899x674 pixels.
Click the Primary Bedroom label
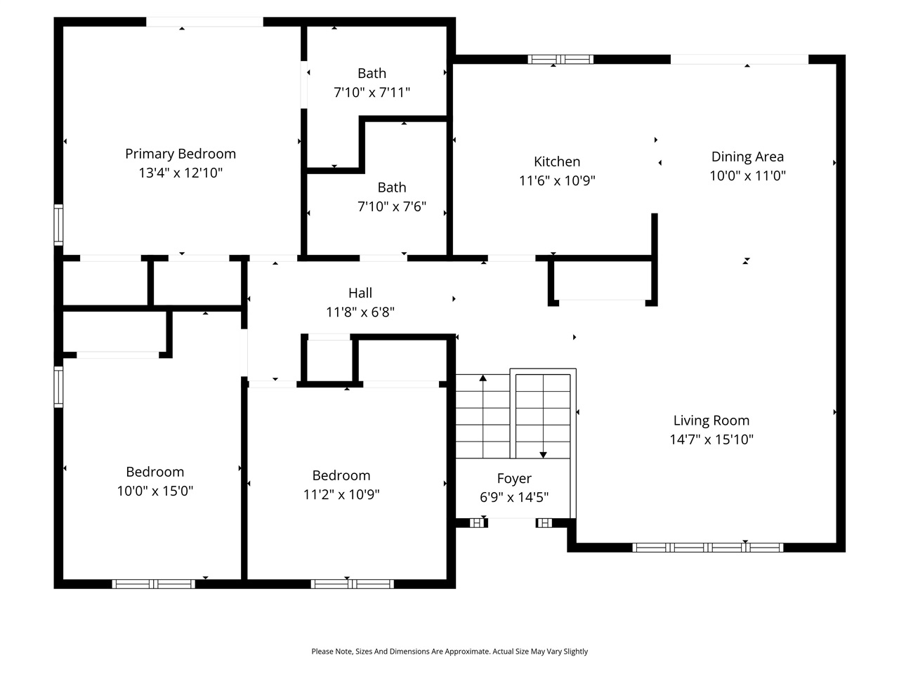[x=181, y=154]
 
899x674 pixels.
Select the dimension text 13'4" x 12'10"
[x=181, y=173]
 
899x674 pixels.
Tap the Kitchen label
[x=557, y=161]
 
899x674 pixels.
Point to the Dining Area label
[x=747, y=157]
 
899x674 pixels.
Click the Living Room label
[x=711, y=421]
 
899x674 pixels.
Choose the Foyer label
[x=514, y=478]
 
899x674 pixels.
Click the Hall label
[x=360, y=293]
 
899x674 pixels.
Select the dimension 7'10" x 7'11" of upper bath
[x=372, y=92]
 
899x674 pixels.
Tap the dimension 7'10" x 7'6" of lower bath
[x=391, y=206]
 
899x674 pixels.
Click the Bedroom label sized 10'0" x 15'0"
[x=155, y=472]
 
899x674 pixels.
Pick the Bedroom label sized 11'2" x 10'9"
[x=341, y=475]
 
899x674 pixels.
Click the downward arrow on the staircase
[x=543, y=454]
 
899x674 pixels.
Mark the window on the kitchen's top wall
[x=560, y=59]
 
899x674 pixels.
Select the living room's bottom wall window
[x=707, y=547]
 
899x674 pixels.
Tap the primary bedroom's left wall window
[x=59, y=225]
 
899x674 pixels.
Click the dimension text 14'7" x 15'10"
[x=711, y=440]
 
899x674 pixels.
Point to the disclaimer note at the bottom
[x=449, y=652]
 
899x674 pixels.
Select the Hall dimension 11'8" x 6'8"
[x=360, y=312]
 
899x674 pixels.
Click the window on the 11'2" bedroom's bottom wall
[x=352, y=583]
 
